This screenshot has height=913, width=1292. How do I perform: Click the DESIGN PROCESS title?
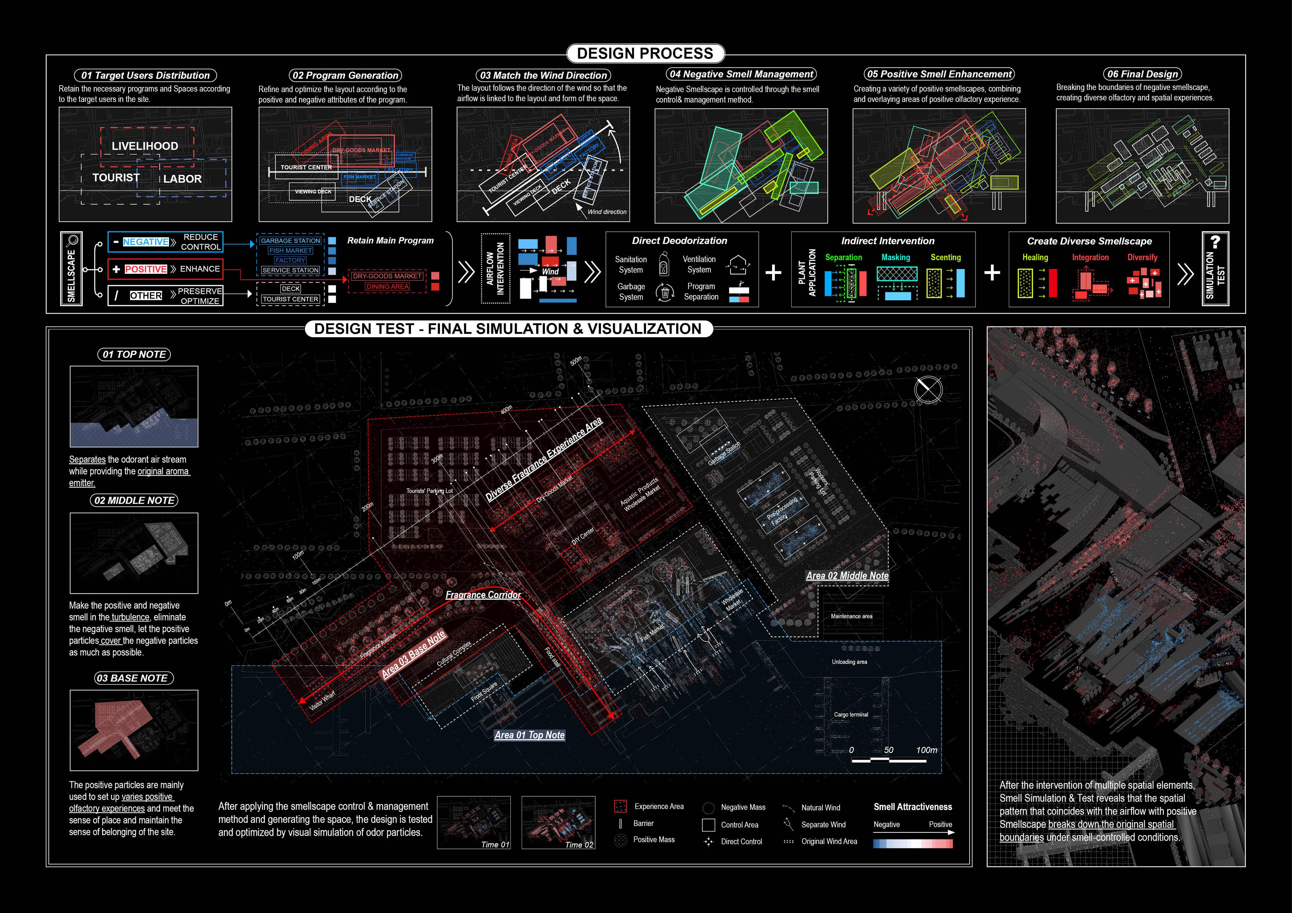pyautogui.click(x=645, y=54)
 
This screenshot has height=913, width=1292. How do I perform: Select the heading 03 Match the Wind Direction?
pyautogui.click(x=543, y=75)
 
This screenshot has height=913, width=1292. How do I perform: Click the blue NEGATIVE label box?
pyautogui.click(x=146, y=242)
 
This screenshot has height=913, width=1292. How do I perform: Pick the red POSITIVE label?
pyautogui.click(x=146, y=269)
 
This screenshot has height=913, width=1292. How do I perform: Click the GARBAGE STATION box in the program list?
pyautogui.click(x=291, y=241)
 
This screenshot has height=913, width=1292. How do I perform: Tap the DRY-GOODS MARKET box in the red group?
pyautogui.click(x=387, y=276)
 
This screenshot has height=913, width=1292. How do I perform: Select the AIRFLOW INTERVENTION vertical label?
pyautogui.click(x=495, y=269)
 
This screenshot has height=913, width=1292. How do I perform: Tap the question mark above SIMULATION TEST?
pyautogui.click(x=1215, y=242)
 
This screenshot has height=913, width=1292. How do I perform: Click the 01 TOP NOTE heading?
pyautogui.click(x=134, y=354)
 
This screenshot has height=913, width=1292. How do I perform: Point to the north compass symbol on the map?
pyautogui.click(x=928, y=389)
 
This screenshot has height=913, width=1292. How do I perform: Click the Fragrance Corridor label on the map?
pyautogui.click(x=483, y=595)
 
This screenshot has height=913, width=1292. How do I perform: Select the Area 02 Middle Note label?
pyautogui.click(x=847, y=575)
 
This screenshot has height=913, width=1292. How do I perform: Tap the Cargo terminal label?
pyautogui.click(x=851, y=715)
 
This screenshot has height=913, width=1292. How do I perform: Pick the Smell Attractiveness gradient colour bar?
pyautogui.click(x=913, y=843)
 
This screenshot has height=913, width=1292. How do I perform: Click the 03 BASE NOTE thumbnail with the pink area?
pyautogui.click(x=134, y=730)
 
